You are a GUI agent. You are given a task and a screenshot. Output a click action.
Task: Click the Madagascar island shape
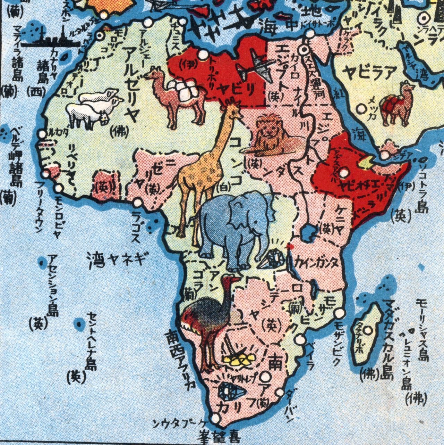pos(366,333)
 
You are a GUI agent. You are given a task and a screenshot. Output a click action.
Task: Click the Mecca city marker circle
pos(362,109)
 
